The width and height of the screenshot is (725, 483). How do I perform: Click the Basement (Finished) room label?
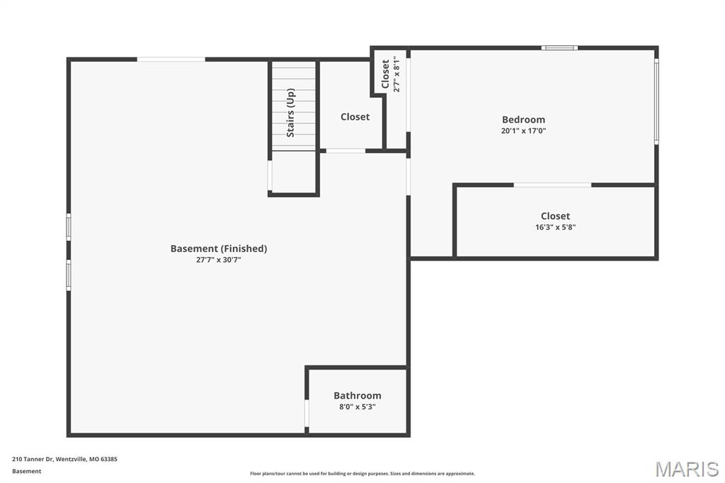point(219,249)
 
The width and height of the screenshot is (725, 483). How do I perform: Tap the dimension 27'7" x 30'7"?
point(219,260)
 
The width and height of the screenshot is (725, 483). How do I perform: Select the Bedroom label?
point(523,120)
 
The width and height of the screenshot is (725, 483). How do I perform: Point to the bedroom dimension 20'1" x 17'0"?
point(523,131)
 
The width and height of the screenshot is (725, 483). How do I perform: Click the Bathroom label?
point(358,396)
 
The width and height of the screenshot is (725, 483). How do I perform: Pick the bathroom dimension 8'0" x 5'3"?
point(358,407)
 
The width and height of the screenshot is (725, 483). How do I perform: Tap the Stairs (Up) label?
point(290,113)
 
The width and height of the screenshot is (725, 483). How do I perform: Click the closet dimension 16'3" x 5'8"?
point(555,227)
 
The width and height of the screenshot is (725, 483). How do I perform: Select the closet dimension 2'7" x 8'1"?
point(396,74)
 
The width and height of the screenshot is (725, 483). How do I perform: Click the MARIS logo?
point(687,469)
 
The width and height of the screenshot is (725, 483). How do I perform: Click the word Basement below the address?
point(26,472)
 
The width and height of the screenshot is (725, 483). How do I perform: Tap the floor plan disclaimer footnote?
point(362,474)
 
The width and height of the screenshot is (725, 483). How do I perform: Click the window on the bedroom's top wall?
point(559,47)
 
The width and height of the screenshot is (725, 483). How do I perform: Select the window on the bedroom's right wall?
point(656,101)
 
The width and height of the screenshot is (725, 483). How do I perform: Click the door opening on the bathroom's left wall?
point(306,413)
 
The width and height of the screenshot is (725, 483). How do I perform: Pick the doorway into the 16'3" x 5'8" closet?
point(552,185)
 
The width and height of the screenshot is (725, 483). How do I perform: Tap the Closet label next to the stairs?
point(355,117)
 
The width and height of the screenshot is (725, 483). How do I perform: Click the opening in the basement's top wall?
point(171,59)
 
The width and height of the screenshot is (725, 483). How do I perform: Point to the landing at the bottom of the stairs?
point(294,171)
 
